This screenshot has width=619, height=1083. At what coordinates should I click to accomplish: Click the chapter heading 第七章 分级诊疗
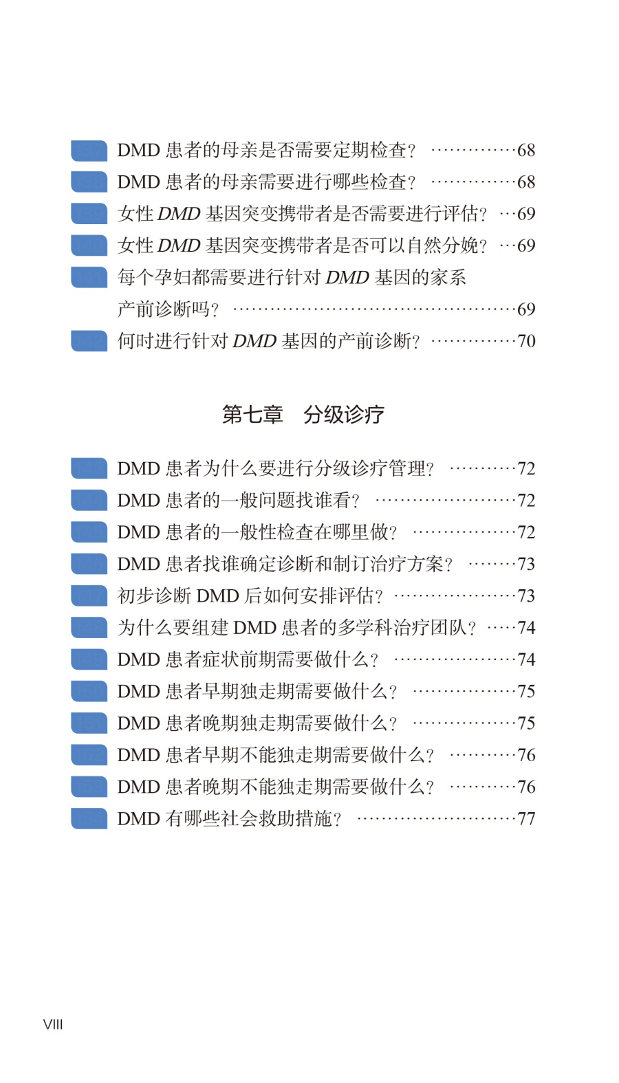coord(303,414)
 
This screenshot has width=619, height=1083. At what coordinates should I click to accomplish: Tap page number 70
coord(526,341)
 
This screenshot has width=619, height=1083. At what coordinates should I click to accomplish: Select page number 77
coord(526,818)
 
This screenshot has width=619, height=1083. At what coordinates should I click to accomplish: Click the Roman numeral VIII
coord(53,1025)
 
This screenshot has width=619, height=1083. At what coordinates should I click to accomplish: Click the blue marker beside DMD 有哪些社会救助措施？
coord(89,818)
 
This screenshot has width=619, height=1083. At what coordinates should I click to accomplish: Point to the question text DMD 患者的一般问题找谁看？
coord(238,500)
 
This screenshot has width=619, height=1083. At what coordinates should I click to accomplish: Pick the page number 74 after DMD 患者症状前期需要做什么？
coord(526,659)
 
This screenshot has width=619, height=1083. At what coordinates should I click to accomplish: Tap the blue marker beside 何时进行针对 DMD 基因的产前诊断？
coord(89,341)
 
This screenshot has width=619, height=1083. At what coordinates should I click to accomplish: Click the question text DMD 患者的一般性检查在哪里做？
coord(257,532)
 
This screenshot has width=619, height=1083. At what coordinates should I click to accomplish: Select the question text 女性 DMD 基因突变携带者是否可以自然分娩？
coord(302,245)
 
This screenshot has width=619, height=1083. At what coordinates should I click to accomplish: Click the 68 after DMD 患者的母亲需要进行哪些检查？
coord(526,182)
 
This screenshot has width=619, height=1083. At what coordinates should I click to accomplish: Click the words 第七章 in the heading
coord(252,414)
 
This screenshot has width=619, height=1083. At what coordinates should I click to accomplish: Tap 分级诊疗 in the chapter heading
coord(344,414)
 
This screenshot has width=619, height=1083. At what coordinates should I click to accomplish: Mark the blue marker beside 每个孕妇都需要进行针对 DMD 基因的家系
coord(89,277)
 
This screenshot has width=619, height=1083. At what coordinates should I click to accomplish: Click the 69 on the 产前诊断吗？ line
coord(526,309)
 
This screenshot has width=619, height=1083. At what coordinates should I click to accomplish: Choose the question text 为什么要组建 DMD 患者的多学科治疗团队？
coord(296,628)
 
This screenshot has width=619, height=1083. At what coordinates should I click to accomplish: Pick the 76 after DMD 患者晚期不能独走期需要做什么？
coord(526,787)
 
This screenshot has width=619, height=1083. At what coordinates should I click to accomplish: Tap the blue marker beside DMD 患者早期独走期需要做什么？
coord(89,691)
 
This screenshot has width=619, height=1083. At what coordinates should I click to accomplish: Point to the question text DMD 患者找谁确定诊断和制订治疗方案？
coord(285,564)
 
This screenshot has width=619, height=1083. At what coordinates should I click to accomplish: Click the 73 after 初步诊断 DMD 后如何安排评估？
coord(526,595)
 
